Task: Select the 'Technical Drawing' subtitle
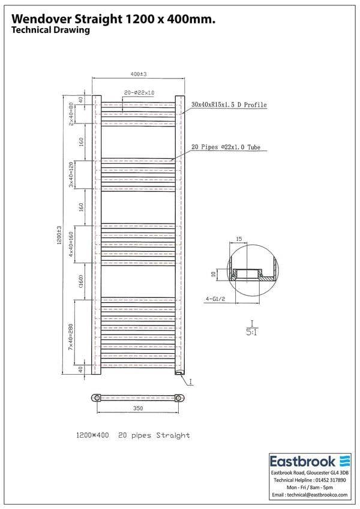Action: (x=50, y=31)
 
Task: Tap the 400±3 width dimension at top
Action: (x=139, y=74)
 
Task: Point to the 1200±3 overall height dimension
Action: (x=59, y=235)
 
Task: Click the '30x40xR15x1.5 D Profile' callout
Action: (x=229, y=105)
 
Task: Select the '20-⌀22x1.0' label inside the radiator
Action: (x=139, y=93)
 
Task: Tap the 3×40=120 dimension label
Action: (x=71, y=174)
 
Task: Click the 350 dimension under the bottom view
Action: (x=138, y=408)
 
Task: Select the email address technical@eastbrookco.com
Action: (x=309, y=495)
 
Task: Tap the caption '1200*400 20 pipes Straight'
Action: (x=133, y=435)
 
